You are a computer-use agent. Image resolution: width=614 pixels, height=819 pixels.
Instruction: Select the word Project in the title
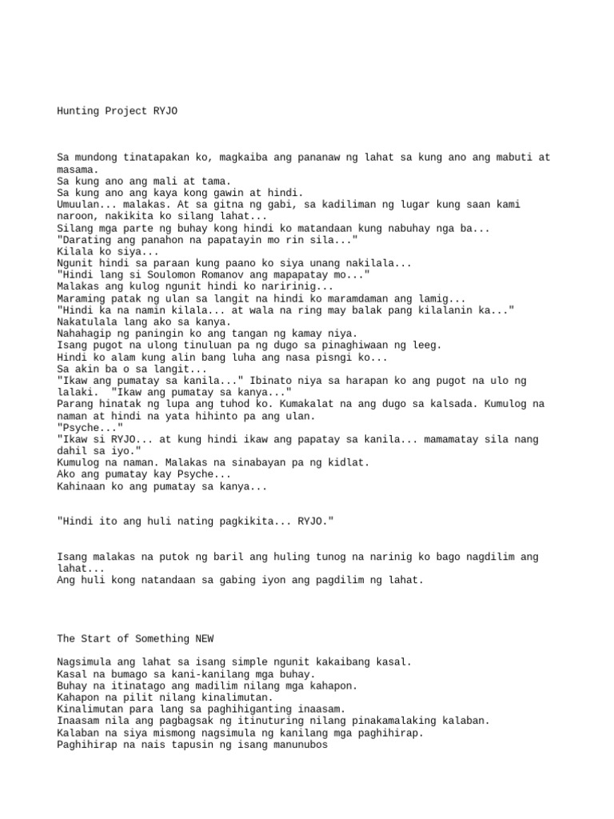point(128,111)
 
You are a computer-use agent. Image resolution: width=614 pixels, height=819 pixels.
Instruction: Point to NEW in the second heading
point(204,638)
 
